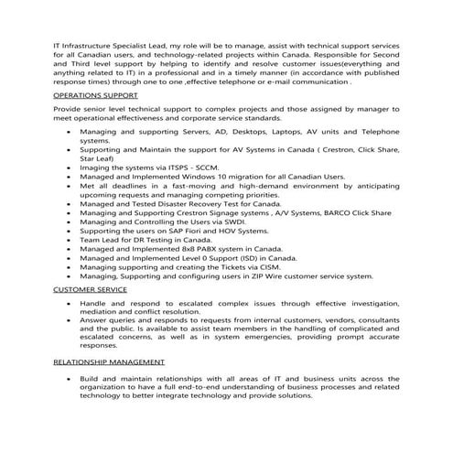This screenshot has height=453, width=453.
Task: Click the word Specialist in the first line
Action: tap(136, 42)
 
